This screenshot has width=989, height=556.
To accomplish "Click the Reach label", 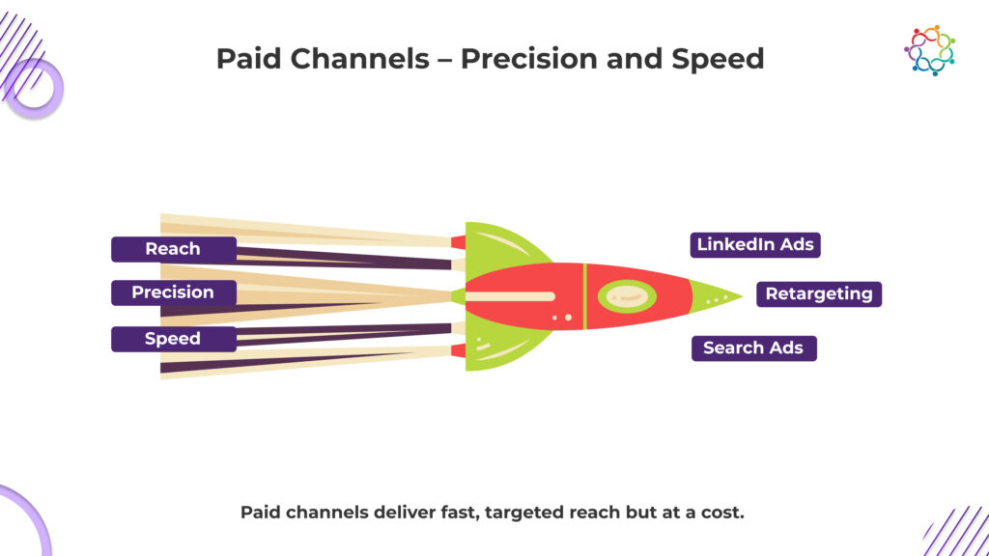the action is tap(174, 249).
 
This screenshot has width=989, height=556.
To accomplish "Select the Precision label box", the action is tap(174, 292).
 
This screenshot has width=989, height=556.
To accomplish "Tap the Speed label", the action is tap(174, 339).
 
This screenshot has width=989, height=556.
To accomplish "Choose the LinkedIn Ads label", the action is tap(755, 244).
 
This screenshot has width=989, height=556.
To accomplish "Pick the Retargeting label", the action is tap(819, 293).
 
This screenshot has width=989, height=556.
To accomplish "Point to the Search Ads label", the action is tap(753, 347).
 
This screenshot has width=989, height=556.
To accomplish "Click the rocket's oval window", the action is tap(627, 295).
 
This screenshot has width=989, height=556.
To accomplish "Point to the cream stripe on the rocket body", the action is tap(510, 296).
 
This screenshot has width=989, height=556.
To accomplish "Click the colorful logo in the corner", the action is tap(930, 50).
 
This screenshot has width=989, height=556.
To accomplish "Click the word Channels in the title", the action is tap(359, 59).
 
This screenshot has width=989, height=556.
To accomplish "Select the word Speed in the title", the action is tap(718, 60).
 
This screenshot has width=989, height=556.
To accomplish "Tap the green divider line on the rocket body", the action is tap(584, 296).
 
